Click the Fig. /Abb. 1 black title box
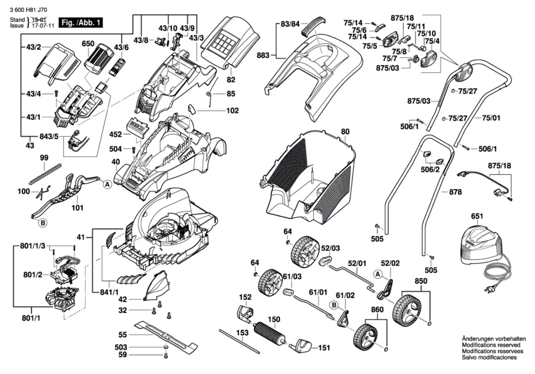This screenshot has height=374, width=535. (x=81, y=23)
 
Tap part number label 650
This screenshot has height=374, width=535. (x=88, y=44)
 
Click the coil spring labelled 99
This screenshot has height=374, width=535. (x=45, y=174)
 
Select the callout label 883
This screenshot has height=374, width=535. (x=263, y=56)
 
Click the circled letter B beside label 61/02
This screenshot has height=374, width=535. (x=334, y=305)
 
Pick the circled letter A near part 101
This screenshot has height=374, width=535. (x=107, y=184)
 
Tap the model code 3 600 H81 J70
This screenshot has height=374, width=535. (x=28, y=10)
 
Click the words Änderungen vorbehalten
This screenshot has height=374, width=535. (x=494, y=339)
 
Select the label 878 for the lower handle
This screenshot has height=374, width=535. (x=455, y=192)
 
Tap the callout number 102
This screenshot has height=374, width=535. (x=232, y=111)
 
